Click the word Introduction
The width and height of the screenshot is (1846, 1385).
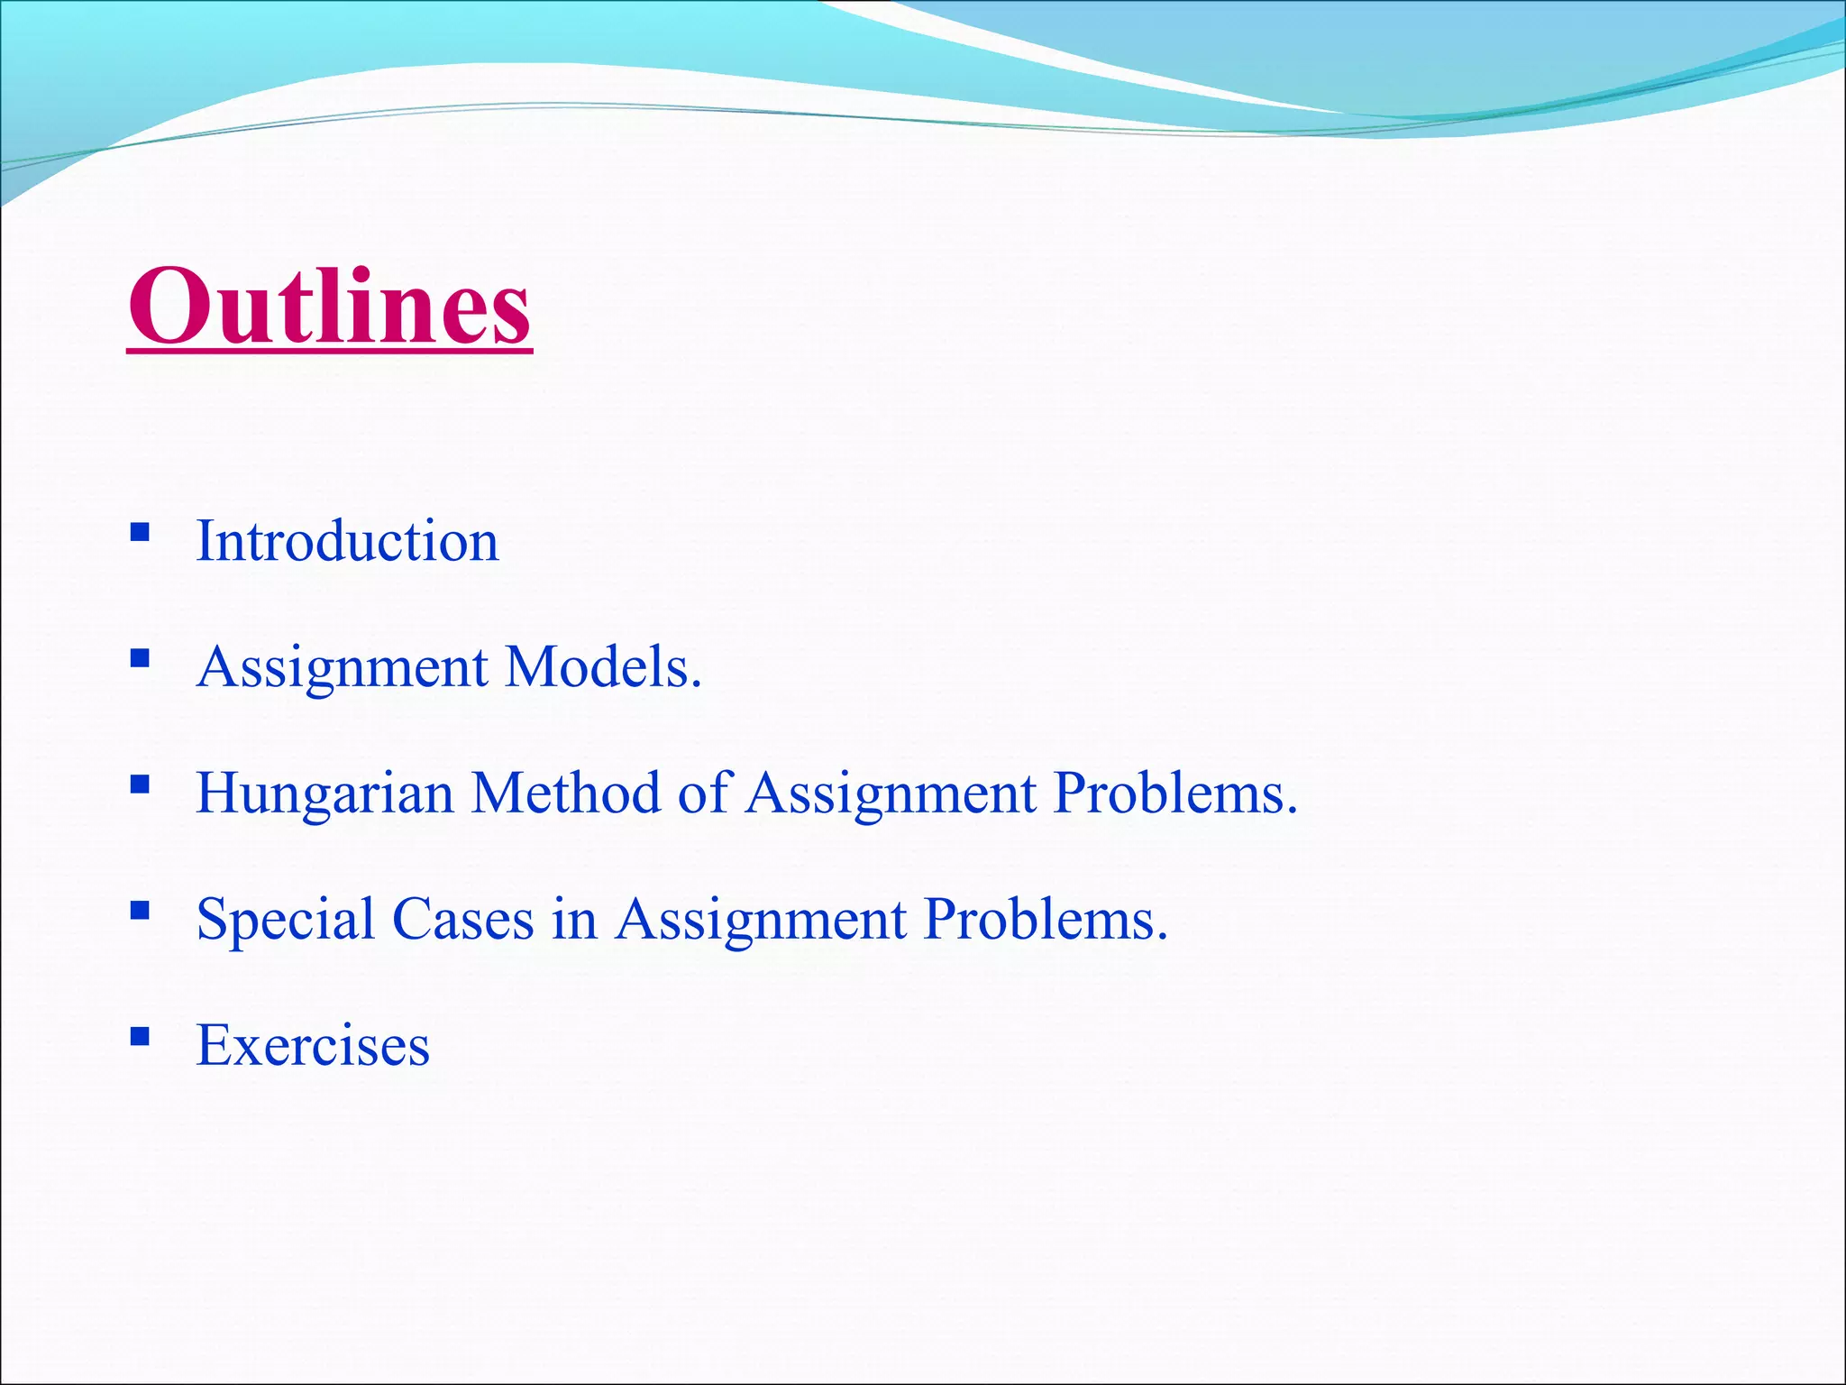pos(347,542)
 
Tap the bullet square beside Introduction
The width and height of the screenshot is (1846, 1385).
pos(140,532)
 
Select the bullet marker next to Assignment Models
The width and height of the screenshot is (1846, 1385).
pos(140,658)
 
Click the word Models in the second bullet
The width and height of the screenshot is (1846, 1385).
pos(603,668)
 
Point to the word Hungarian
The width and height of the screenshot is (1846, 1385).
pos(324,794)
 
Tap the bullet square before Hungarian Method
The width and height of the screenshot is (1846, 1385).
pos(140,784)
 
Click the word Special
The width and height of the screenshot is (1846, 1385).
pos(285,921)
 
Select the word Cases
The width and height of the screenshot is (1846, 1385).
pos(462,921)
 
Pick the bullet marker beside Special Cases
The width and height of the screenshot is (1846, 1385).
pos(140,911)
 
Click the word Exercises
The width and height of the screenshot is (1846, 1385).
pos(313,1046)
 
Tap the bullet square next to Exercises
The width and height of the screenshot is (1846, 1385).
pos(140,1037)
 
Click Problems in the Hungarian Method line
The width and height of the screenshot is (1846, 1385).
pos(1174,793)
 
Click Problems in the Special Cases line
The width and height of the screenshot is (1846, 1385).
pos(1046,920)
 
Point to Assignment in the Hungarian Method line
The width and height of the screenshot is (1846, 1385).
pos(891,795)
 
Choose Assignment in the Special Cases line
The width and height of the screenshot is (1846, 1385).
pos(761,922)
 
